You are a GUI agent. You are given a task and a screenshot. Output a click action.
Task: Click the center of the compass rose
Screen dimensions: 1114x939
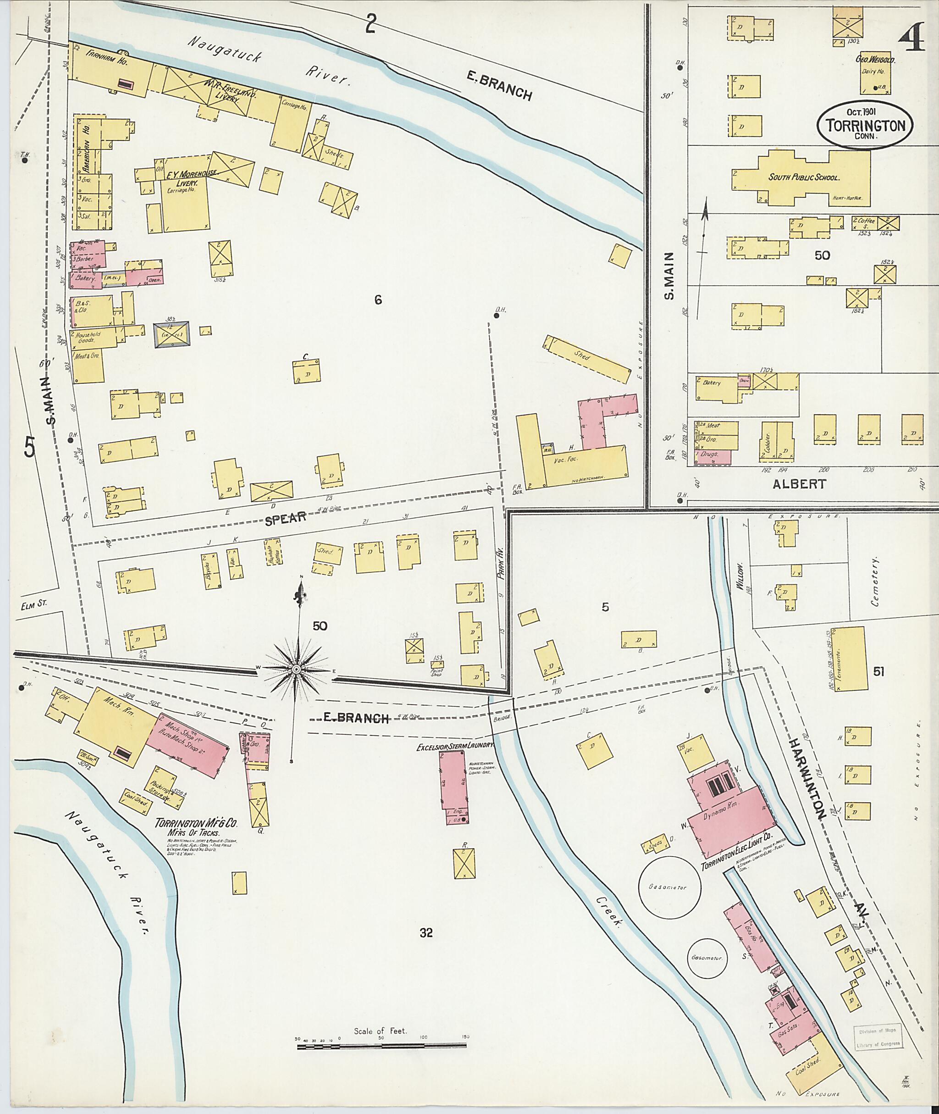(296, 669)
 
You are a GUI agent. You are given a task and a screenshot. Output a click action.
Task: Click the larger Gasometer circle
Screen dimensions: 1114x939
(670, 887)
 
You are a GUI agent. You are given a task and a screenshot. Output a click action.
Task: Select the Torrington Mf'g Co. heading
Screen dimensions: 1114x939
(196, 823)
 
